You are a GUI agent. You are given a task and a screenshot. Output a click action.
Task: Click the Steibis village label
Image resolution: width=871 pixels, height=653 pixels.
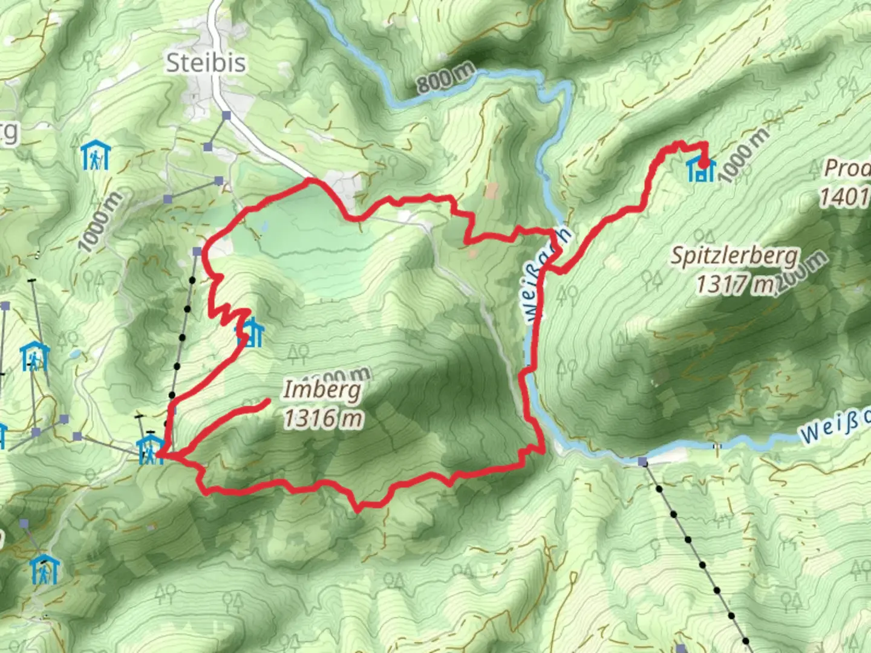click(x=206, y=63)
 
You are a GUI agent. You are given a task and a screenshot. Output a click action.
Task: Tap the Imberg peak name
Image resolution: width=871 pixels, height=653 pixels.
click(x=322, y=390)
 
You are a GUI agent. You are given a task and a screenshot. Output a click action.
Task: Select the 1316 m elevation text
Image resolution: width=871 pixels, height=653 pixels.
click(x=323, y=418)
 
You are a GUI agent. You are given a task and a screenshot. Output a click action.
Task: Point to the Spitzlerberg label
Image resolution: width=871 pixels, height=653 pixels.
click(x=735, y=256)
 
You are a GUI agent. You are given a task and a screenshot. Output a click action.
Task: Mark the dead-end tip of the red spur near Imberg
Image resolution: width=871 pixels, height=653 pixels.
click(x=267, y=401)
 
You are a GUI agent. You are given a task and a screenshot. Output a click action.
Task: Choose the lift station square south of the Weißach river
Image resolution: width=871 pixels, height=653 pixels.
click(x=642, y=463)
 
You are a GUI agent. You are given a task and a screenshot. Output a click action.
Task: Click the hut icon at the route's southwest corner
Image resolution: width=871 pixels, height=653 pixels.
click(x=148, y=450)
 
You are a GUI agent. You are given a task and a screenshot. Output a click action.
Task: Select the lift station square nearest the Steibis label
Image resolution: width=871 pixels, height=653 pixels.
click(x=226, y=115)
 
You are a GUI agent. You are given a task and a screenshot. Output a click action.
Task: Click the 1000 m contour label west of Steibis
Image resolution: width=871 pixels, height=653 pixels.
click(x=101, y=221)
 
